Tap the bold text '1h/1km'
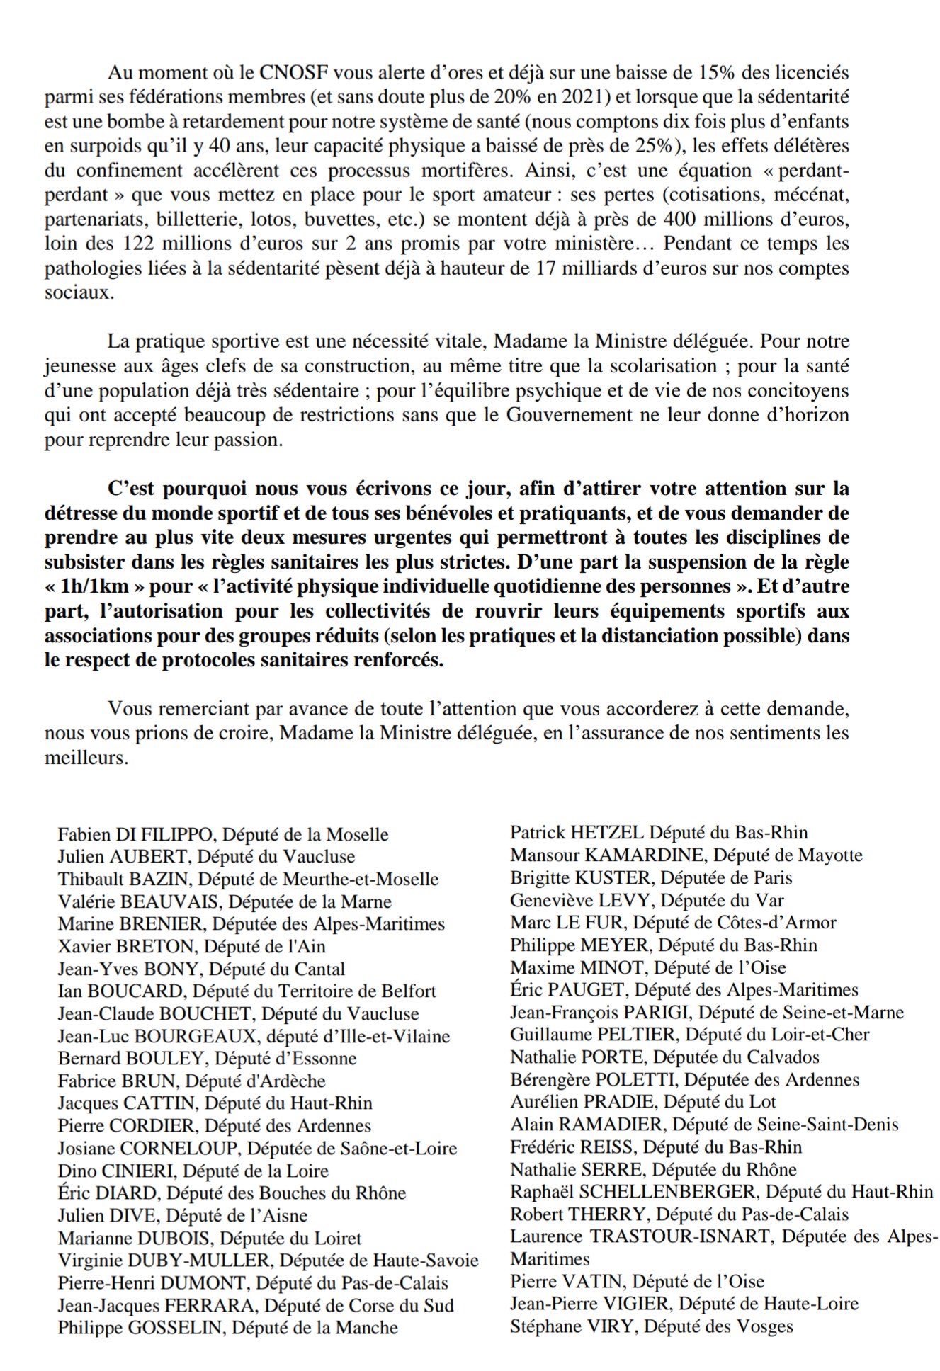tap(96, 587)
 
